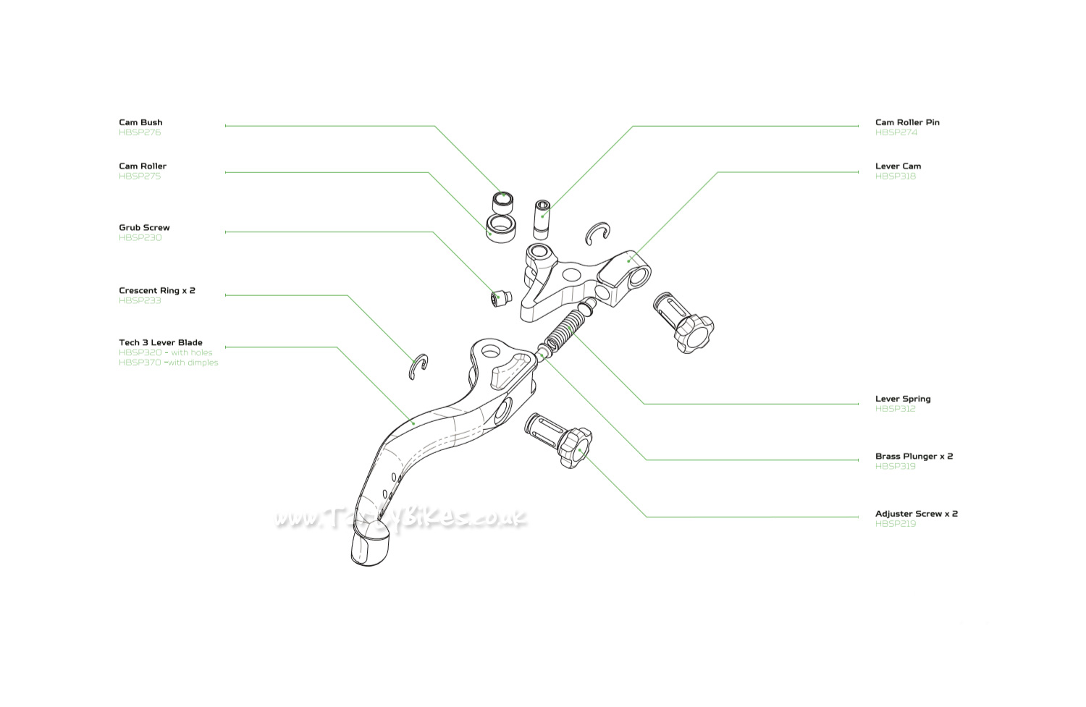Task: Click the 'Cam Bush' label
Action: click(140, 122)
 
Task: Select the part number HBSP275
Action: click(140, 176)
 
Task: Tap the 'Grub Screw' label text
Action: click(144, 227)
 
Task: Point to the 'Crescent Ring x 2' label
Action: click(157, 290)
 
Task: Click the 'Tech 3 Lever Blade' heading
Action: click(161, 342)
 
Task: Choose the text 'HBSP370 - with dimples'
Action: click(168, 363)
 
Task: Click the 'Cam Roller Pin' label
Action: click(907, 122)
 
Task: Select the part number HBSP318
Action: click(896, 176)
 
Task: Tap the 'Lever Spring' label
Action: click(903, 399)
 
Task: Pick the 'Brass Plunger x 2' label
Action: click(914, 456)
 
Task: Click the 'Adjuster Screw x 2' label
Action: click(916, 514)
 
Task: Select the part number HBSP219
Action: click(896, 524)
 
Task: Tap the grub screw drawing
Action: click(500, 297)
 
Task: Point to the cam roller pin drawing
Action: click(542, 219)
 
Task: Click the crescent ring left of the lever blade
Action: click(418, 366)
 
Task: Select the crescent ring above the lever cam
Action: click(598, 233)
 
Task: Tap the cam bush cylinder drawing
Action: click(502, 200)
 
